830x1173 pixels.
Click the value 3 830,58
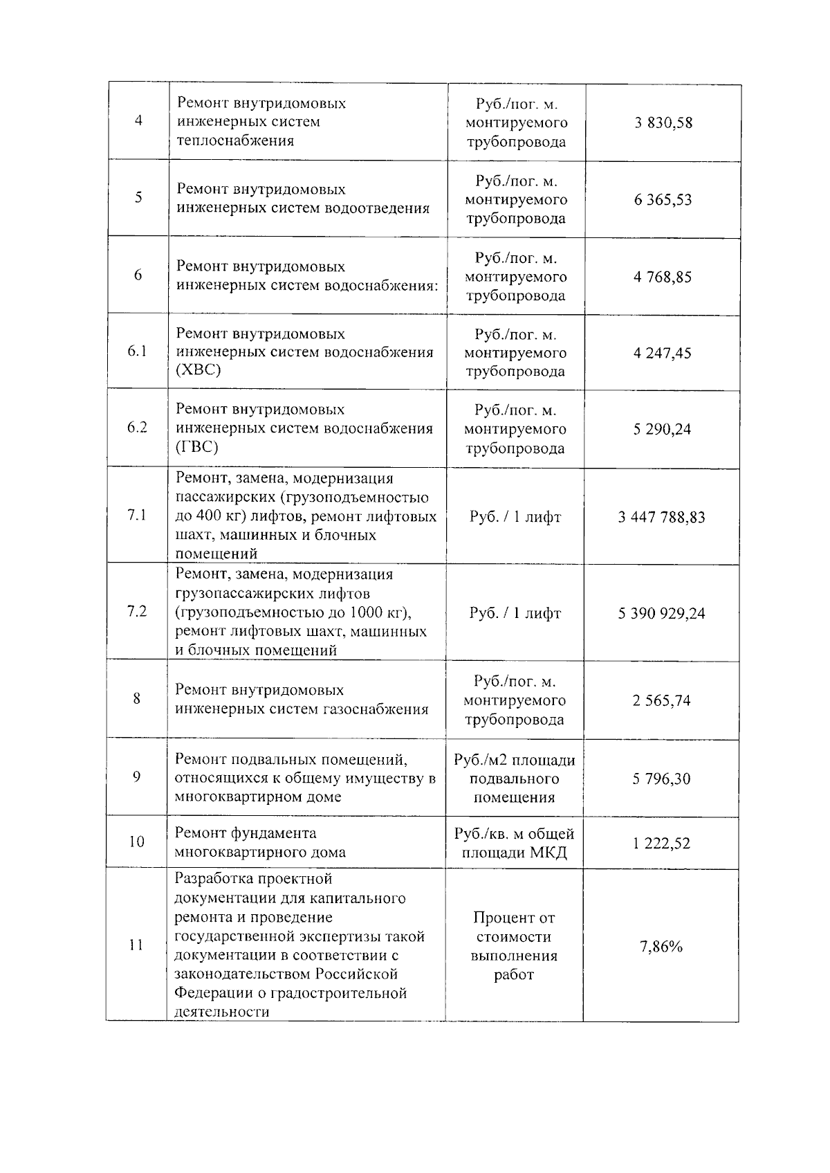coord(663,123)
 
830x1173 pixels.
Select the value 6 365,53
coord(663,200)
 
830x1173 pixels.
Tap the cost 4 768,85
coord(662,278)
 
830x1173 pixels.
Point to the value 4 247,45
coord(662,354)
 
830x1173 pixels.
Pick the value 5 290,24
coord(662,430)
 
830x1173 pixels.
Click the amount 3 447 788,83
coord(661,518)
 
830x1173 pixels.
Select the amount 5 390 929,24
coord(661,614)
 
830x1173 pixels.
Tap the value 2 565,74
coord(661,701)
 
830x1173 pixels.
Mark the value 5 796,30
coord(661,779)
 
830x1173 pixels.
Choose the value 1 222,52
coord(661,844)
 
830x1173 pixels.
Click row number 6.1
coord(138,352)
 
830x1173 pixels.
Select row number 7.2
coord(137,612)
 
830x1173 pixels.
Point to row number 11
coord(136,945)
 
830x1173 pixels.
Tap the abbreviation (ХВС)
coord(199,371)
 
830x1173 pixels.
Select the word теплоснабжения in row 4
coord(235,141)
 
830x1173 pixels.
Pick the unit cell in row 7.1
coord(515,518)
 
